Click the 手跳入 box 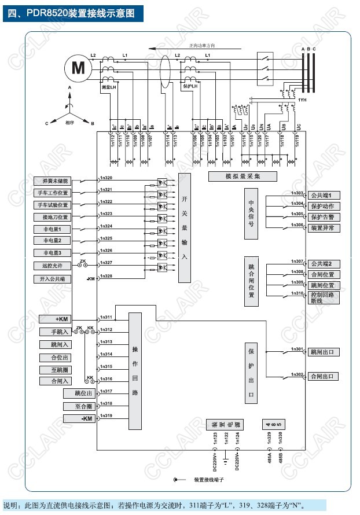pyautogui.click(x=55, y=332)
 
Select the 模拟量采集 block pyautogui.click(x=243, y=176)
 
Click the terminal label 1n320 pyautogui.click(x=106, y=178)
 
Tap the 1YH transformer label pyautogui.click(x=302, y=100)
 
